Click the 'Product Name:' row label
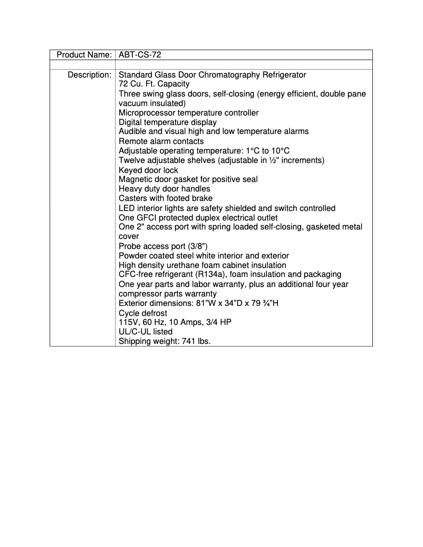pos(84,55)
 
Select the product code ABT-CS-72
pos(140,55)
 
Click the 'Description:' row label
pos(89,75)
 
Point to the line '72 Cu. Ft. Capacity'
pos(154,84)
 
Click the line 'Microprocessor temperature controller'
pos(188,113)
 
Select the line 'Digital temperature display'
pos(167,122)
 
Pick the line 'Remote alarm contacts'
pos(161,141)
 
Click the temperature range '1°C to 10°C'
pos(267,151)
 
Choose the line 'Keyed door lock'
pos(148,170)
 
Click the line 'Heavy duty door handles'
pos(164,189)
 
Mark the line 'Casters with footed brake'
pos(166,199)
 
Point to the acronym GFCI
pos(148,218)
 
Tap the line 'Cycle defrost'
pos(143,313)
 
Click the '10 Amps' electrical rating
pos(182,323)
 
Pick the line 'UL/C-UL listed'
pos(146,332)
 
